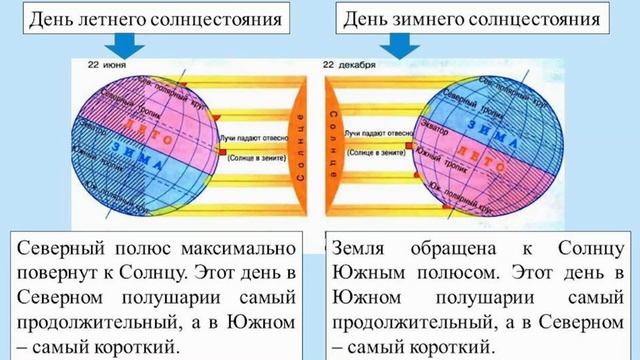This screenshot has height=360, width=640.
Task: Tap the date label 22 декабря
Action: pos(349,65)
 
